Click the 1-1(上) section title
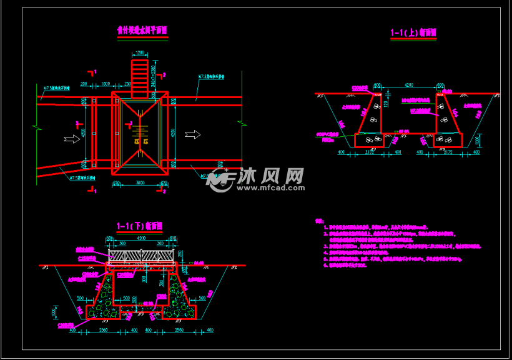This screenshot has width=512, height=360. click(413, 32)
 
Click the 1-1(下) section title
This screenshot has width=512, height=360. click(140, 226)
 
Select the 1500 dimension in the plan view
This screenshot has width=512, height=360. click(106, 84)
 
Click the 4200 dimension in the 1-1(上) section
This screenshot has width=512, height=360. click(408, 84)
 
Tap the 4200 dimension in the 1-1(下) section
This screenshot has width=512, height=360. click(141, 239)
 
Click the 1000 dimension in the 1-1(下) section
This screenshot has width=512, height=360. click(54, 311)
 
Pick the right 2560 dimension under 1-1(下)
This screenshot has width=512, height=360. click(179, 329)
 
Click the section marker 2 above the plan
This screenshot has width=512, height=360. click(165, 74)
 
